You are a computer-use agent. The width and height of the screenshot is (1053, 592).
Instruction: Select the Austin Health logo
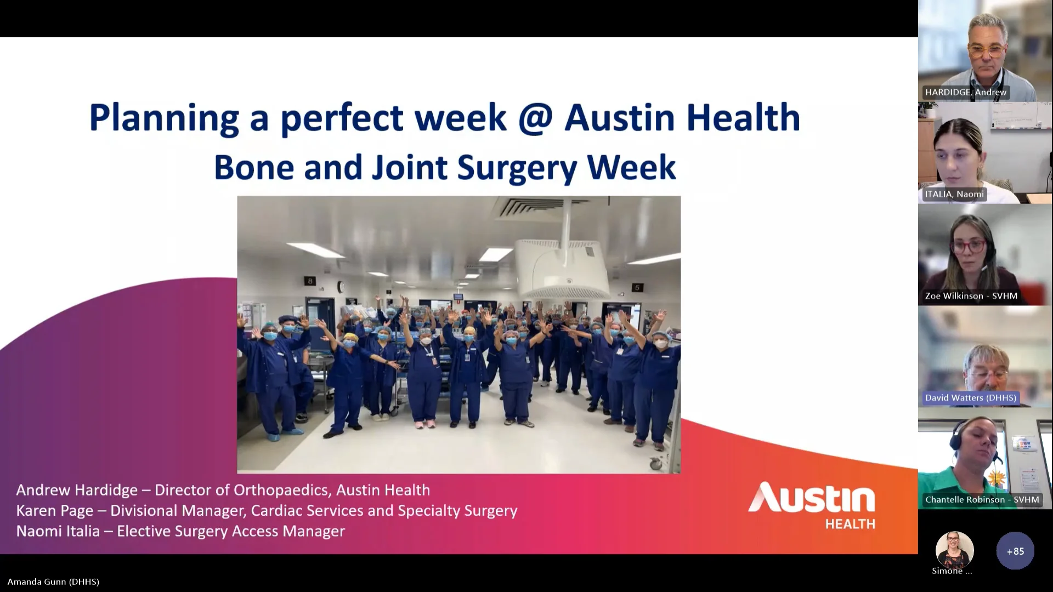[812, 505]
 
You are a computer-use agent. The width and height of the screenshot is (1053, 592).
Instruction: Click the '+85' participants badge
[1015, 551]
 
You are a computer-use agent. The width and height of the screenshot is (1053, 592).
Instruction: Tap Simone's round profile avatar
[954, 550]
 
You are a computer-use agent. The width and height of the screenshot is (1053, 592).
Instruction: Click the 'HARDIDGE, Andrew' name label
[965, 92]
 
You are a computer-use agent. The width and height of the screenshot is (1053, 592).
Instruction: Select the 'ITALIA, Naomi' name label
[954, 194]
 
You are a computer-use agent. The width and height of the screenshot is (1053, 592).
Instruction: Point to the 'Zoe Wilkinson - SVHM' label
[971, 296]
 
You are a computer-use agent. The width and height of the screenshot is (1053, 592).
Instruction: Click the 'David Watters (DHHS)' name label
[970, 398]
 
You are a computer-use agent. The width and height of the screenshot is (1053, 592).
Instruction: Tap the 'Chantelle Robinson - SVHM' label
[982, 499]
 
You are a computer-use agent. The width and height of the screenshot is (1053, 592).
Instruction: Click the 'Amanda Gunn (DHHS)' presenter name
[53, 582]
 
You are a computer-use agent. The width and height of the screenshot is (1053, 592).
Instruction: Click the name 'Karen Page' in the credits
[54, 511]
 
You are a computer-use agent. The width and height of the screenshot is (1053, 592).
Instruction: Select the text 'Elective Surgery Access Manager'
[231, 531]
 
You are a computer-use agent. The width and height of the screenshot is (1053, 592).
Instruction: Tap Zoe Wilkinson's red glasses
[970, 246]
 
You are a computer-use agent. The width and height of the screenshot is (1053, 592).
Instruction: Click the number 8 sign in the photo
[310, 281]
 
